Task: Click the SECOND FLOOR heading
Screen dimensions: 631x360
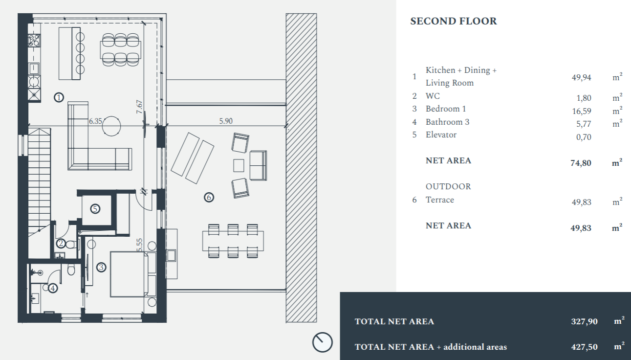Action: click(x=454, y=22)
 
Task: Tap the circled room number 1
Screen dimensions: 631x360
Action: click(x=59, y=97)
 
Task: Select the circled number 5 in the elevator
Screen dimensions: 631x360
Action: click(x=95, y=209)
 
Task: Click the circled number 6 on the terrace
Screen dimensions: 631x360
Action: click(x=209, y=197)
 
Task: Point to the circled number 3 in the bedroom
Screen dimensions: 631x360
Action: click(x=101, y=267)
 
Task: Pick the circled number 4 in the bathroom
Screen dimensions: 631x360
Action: click(x=53, y=288)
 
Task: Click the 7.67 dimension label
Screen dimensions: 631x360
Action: click(x=139, y=107)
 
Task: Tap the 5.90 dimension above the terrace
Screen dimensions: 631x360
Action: click(x=226, y=121)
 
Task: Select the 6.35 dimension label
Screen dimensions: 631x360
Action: click(x=95, y=121)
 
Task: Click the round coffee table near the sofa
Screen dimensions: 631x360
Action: click(x=111, y=126)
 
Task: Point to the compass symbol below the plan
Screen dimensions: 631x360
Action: click(x=322, y=342)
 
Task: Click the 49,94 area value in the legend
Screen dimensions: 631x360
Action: click(x=582, y=77)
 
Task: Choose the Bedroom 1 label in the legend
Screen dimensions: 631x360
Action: click(x=446, y=109)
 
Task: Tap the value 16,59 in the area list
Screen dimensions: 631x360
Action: click(x=582, y=111)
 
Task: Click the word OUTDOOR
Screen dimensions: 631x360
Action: click(x=448, y=187)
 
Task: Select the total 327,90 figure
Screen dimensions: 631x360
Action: click(x=584, y=321)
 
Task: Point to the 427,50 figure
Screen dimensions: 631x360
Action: click(x=584, y=347)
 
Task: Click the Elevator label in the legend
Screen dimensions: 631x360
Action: click(x=441, y=135)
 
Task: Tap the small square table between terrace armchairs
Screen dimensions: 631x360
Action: click(x=239, y=165)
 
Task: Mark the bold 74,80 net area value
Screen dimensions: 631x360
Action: click(x=581, y=163)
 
